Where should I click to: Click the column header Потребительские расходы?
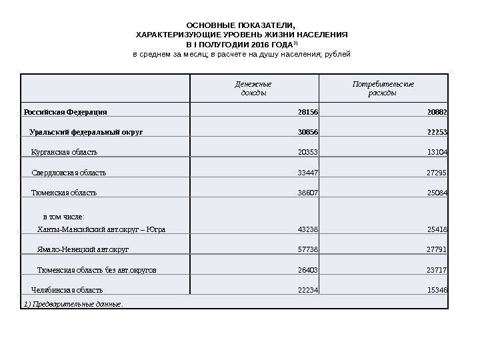(x=383, y=89)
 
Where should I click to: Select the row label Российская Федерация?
(x=65, y=111)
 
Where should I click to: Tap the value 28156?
(x=307, y=111)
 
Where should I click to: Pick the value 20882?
(x=437, y=111)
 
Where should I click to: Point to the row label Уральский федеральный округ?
(x=86, y=132)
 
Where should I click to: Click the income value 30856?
(x=307, y=132)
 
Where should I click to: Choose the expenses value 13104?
(x=437, y=152)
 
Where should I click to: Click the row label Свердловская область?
(x=69, y=173)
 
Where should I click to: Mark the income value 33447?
(x=307, y=173)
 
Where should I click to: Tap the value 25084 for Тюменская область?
(x=437, y=193)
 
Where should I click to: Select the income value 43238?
(x=307, y=229)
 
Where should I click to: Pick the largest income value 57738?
(x=307, y=249)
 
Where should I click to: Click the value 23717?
(x=437, y=270)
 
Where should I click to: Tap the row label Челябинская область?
(x=67, y=290)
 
